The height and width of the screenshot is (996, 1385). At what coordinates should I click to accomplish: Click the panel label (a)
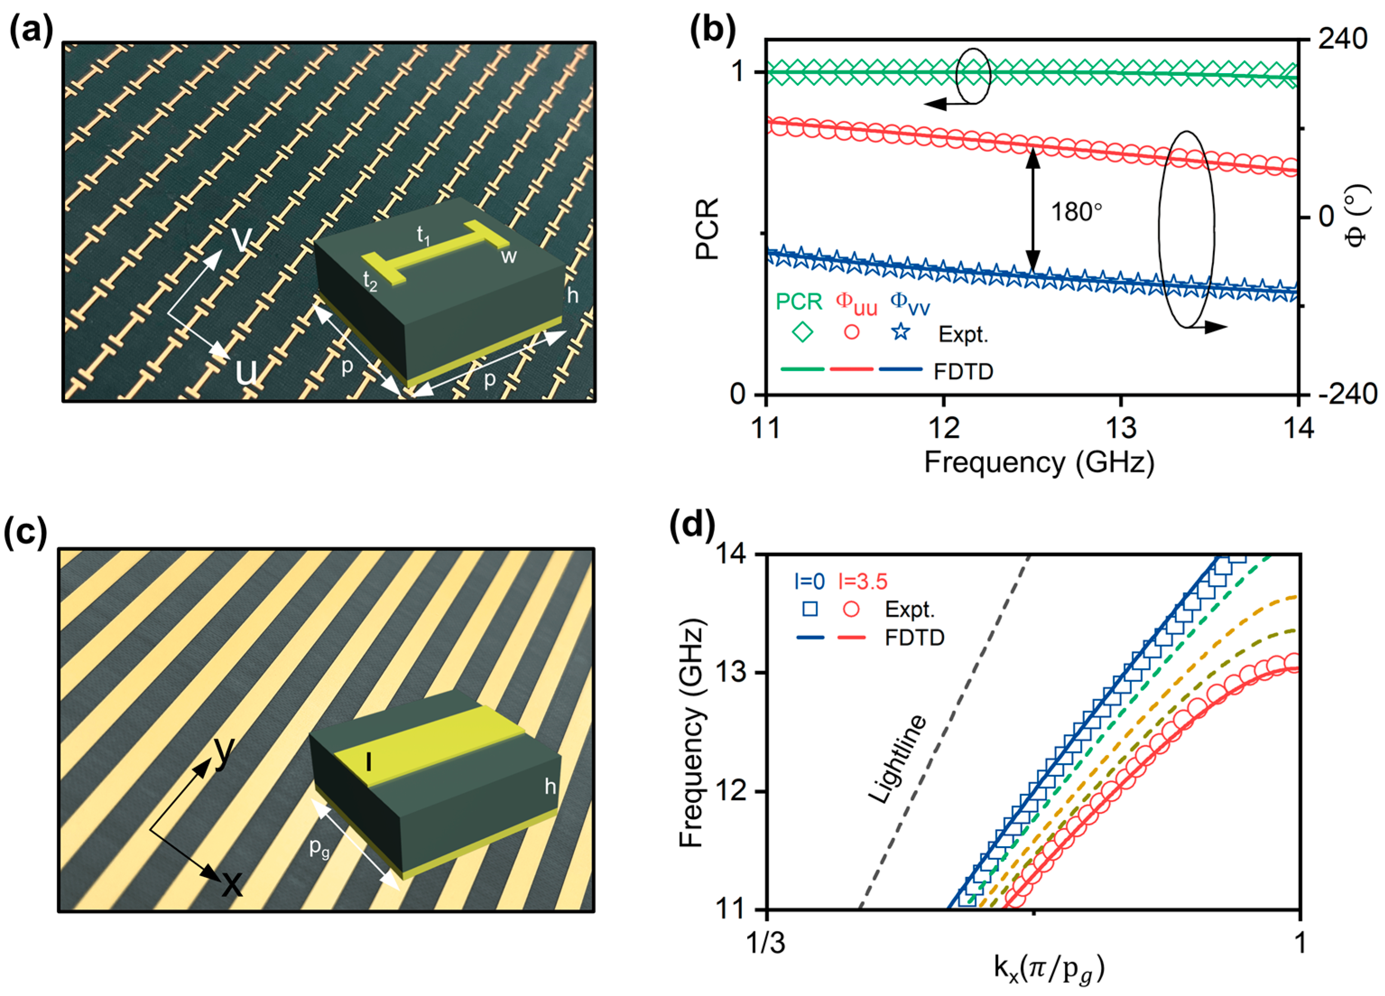click(32, 29)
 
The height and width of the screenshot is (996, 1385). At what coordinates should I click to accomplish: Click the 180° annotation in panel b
click(1076, 212)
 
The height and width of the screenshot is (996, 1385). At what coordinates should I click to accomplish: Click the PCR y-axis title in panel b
click(708, 229)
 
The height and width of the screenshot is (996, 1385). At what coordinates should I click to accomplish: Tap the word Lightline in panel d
click(898, 759)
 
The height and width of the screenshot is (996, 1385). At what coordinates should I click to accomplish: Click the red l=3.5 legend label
click(863, 582)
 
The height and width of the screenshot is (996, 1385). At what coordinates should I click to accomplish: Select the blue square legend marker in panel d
click(810, 609)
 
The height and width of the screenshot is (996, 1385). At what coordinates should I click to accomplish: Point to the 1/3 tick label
click(766, 944)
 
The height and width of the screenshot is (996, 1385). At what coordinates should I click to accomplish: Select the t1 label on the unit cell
click(423, 235)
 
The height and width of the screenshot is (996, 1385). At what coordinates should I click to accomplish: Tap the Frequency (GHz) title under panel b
click(1039, 462)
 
